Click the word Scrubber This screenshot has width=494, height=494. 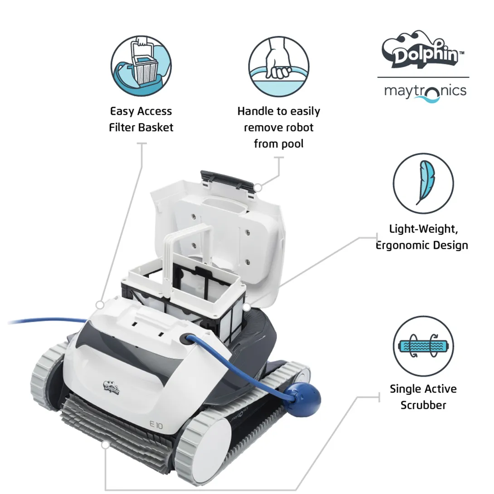click(x=423, y=405)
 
